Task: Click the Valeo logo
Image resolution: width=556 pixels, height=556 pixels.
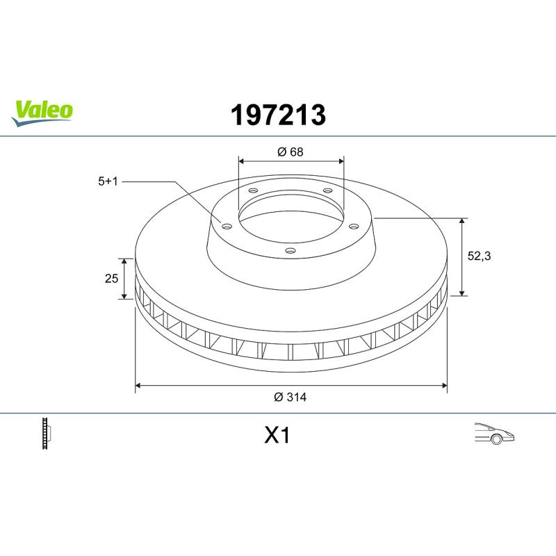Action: point(42,113)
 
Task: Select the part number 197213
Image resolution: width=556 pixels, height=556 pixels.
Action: point(278,115)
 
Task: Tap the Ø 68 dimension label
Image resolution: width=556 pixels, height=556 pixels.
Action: point(290,152)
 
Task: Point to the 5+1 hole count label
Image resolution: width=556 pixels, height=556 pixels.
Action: point(108,181)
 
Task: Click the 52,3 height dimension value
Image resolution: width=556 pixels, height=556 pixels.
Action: point(479,256)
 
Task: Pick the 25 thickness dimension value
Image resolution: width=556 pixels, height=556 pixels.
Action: point(111,279)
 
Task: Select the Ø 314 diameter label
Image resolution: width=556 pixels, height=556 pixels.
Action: point(290,397)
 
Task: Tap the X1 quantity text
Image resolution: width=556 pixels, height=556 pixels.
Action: point(277,435)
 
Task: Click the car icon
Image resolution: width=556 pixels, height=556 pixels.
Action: point(494,433)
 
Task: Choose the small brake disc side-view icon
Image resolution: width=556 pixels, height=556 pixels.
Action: point(47,433)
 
